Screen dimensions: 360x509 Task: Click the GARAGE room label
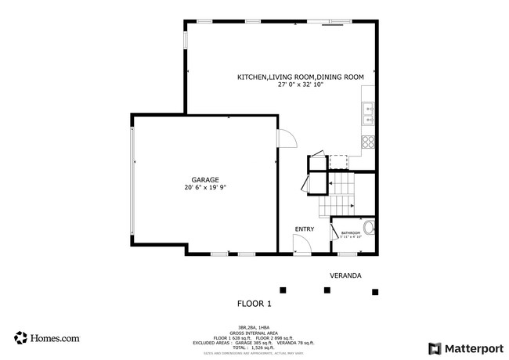click(x=205, y=179)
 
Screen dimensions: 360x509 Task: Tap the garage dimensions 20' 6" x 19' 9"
click(x=205, y=187)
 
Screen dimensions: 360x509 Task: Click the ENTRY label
click(x=304, y=229)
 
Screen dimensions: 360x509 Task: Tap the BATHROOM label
click(x=350, y=232)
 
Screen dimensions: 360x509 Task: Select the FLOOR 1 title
click(x=254, y=303)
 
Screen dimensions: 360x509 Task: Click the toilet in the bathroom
click(x=370, y=229)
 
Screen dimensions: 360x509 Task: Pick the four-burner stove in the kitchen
click(x=367, y=142)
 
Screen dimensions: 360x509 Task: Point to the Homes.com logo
click(x=47, y=338)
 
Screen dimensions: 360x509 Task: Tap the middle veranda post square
click(x=327, y=290)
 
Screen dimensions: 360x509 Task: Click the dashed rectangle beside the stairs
click(x=338, y=161)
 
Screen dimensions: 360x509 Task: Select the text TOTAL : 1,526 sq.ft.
click(x=254, y=347)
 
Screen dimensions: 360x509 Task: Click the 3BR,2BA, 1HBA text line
click(x=254, y=328)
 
